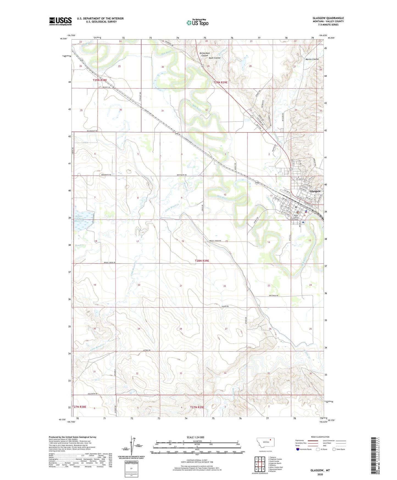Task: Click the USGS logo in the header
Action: pos(60,21)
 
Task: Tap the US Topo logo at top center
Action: pos(198,23)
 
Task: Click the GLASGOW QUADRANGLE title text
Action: pos(328,18)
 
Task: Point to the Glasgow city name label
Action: pos(315,191)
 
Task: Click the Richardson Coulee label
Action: pos(205,54)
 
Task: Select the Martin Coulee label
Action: pos(312,59)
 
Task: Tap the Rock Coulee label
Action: pos(215,58)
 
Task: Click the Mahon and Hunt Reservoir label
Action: pos(83,218)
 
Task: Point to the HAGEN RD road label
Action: pos(224,306)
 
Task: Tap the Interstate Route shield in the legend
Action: pos(298,449)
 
